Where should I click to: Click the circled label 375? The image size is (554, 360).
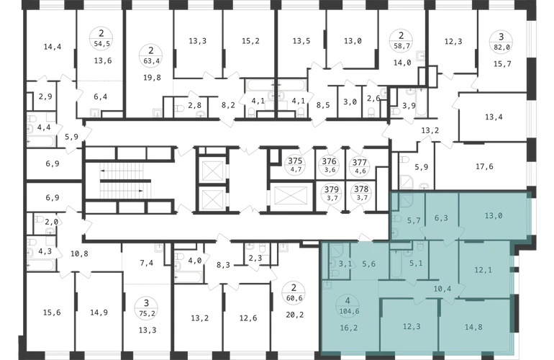[295, 164]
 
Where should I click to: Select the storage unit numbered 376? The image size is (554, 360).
[330, 165]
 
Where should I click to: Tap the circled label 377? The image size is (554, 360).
[360, 166]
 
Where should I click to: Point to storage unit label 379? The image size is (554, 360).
[332, 194]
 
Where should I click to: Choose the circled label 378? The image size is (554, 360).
[361, 193]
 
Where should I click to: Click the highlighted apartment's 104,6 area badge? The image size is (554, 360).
[348, 306]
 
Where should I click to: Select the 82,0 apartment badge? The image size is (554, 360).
[501, 41]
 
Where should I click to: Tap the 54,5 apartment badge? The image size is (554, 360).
[101, 39]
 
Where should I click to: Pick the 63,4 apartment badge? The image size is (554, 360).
[151, 56]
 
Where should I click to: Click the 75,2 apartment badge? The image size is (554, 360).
[146, 308]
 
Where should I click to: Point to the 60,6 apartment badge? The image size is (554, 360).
[294, 293]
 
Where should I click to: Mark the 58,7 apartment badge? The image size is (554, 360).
[401, 40]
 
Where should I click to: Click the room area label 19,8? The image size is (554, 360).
[152, 78]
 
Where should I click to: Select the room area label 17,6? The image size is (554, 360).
[484, 166]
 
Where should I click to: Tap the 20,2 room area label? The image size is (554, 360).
[295, 315]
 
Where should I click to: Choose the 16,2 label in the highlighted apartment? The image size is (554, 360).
[349, 328]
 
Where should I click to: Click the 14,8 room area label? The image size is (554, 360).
[473, 327]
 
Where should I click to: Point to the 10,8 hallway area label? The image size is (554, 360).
[79, 253]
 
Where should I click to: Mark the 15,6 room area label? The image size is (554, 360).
[52, 312]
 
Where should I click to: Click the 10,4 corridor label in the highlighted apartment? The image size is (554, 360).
[442, 289]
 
